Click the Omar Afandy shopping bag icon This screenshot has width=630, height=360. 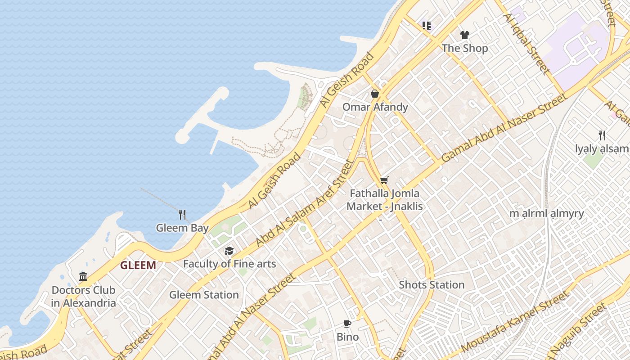tap(374, 94)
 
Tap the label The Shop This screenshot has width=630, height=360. tap(464, 48)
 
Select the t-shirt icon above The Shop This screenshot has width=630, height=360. tap(464, 35)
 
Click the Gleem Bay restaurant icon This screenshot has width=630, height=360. tap(182, 214)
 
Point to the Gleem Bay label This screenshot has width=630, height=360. tap(182, 228)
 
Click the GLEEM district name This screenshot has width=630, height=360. tap(138, 265)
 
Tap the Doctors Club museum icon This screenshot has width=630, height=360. tap(83, 276)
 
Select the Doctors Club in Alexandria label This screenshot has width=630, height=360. tap(83, 296)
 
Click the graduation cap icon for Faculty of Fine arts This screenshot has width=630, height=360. tap(229, 251)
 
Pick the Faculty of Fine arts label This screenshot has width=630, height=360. tap(229, 264)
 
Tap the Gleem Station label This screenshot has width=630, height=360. tap(204, 295)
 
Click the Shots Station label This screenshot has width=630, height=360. tap(432, 285)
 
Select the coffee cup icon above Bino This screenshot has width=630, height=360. tap(347, 324)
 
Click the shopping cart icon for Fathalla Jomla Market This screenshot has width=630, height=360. tap(384, 180)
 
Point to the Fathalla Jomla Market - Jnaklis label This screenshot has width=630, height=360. tap(384, 200)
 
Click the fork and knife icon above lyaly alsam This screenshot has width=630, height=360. tap(602, 135)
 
